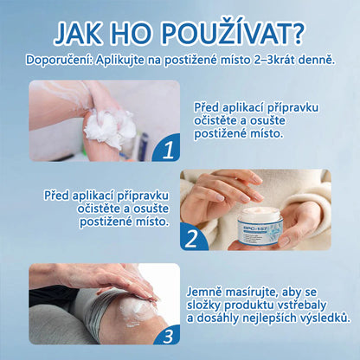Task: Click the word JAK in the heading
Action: (86, 32)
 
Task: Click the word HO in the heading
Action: (145, 32)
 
